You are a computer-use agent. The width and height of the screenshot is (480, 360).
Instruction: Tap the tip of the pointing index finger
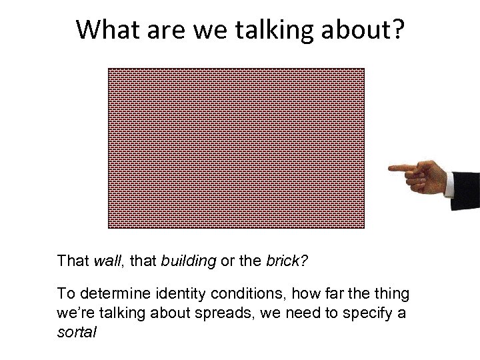coord(390,167)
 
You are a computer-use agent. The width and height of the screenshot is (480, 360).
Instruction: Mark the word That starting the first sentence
coord(72,261)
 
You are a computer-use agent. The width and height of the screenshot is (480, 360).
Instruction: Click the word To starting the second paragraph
coord(65,294)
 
